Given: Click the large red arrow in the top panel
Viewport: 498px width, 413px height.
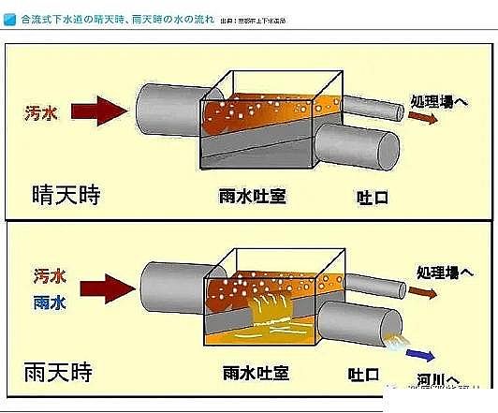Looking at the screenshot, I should pyautogui.click(x=98, y=111).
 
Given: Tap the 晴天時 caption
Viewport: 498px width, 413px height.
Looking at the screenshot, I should pyautogui.click(x=66, y=195).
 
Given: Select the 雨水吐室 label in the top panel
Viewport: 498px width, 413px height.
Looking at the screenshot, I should pyautogui.click(x=246, y=198).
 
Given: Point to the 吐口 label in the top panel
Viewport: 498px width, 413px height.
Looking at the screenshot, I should pyautogui.click(x=371, y=198).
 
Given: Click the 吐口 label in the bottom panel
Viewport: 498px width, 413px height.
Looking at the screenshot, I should pyautogui.click(x=371, y=369).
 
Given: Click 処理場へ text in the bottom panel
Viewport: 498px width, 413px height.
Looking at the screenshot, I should pyautogui.click(x=443, y=273).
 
